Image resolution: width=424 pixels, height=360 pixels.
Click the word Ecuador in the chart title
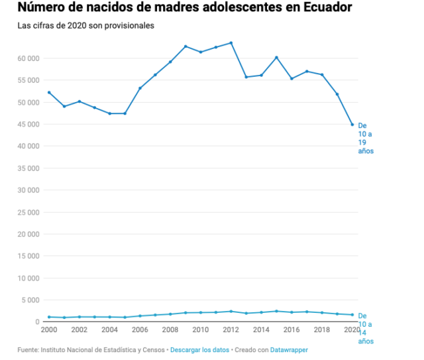323,8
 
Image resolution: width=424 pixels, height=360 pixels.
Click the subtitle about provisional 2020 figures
86,26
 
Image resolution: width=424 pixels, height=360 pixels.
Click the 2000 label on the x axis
49,330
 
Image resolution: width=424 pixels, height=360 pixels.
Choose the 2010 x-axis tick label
201,330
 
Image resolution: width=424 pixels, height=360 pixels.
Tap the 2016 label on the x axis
291,330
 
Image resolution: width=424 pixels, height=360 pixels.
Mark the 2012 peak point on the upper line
231,43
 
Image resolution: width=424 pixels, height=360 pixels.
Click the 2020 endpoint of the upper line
352,125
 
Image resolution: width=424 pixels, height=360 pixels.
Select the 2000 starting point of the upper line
49,92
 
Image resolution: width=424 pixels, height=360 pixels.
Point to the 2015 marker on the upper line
276,58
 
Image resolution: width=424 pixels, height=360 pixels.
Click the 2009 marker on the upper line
185,46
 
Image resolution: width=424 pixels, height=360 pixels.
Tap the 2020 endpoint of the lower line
352,315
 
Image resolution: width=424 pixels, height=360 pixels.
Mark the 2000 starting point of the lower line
49,317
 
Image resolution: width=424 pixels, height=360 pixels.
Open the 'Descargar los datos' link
199,349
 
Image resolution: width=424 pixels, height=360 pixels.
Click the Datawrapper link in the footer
289,349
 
